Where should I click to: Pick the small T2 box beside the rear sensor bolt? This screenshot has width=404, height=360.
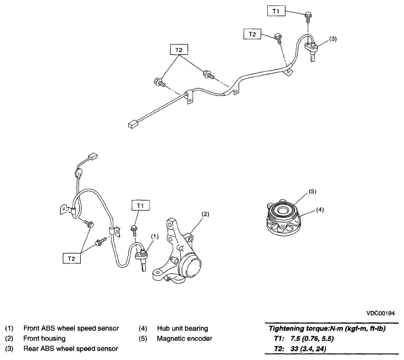point(252,35)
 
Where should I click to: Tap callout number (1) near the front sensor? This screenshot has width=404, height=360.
point(155,236)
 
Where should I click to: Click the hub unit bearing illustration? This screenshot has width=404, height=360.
point(287,218)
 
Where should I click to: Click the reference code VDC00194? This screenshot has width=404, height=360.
point(380,313)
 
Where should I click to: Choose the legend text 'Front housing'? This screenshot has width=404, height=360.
point(44,338)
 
